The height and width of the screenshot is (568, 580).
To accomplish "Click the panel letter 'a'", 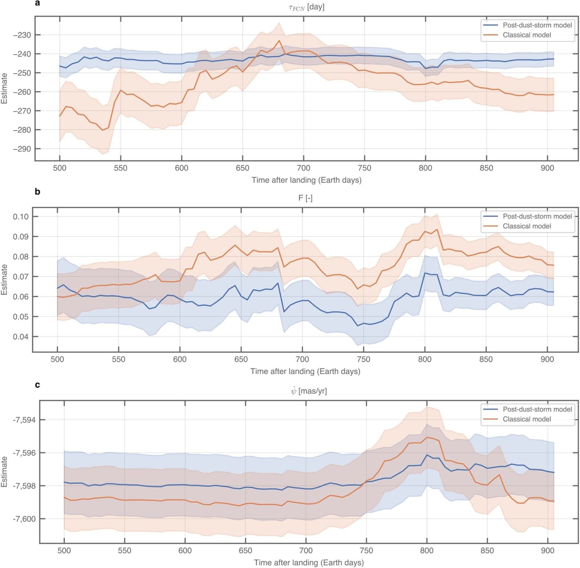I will [x=37, y=4].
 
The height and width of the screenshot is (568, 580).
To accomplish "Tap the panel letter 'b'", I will [x=37, y=192].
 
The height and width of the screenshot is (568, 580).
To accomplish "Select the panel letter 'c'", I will [x=37, y=385].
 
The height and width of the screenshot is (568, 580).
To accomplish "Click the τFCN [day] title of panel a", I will [x=306, y=7].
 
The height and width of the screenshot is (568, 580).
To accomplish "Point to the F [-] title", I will [x=305, y=198].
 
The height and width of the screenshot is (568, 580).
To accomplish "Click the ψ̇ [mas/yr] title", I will [x=308, y=391].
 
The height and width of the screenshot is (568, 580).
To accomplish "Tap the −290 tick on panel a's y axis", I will [x=22, y=149].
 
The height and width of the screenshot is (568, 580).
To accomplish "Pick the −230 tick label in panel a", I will [x=22, y=35].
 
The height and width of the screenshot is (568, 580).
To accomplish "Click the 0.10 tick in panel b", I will [x=21, y=217].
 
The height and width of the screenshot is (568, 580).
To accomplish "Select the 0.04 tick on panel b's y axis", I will [x=21, y=337].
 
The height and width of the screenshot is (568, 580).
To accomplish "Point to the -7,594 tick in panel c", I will [x=24, y=420].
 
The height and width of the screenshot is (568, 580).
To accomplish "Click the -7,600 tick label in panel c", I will [x=24, y=519].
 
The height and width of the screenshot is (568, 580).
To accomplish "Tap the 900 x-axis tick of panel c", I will [x=547, y=551].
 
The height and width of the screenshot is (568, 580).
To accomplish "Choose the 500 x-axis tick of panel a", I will [x=60, y=168].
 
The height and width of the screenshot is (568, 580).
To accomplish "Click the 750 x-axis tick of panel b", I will [x=364, y=359].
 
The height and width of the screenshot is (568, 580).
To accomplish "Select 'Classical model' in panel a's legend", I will [x=526, y=35].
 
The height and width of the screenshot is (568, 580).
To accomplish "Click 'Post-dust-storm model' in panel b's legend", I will [x=537, y=216].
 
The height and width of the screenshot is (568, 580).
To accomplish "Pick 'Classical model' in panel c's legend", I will [x=526, y=419].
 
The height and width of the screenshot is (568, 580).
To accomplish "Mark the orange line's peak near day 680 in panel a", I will [x=279, y=41].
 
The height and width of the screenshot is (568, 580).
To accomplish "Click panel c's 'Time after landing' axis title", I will [x=308, y=563].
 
